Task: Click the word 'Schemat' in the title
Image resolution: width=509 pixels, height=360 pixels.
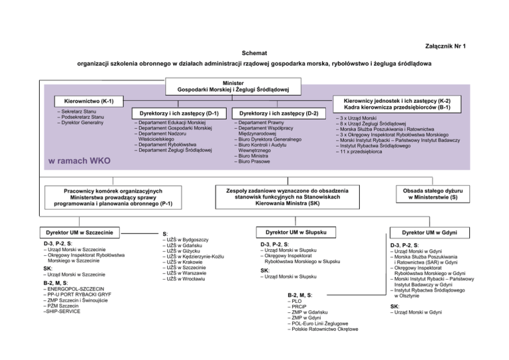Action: click(x=254, y=52)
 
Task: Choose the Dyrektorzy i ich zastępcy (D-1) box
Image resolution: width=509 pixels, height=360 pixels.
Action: click(x=176, y=113)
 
